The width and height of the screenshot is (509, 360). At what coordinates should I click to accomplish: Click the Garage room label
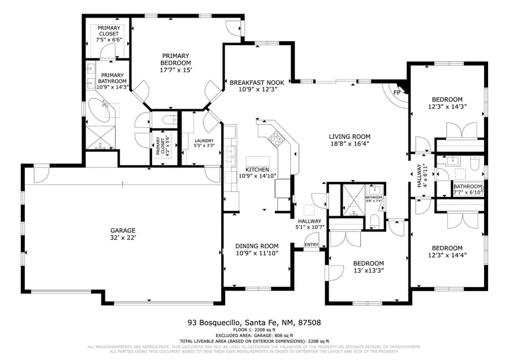pos(123,230)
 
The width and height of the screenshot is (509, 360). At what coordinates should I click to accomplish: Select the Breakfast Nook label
pos(257,83)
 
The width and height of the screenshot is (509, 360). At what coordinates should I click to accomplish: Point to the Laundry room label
pos(204,141)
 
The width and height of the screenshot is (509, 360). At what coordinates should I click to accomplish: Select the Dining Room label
pos(257,246)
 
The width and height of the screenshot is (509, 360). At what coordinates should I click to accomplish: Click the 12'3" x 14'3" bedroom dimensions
pos(447,106)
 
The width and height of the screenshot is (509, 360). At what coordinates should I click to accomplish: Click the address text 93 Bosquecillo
pos(213,323)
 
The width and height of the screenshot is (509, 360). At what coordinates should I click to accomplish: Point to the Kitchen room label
pos(257,170)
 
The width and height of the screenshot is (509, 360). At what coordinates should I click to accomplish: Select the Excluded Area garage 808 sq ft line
pos(254,336)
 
